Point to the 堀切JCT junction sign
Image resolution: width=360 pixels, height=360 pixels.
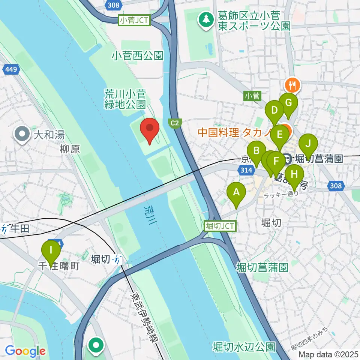(x=220, y=226)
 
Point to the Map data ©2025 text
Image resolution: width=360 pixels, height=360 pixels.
(x=328, y=354)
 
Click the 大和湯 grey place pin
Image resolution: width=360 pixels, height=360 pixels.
(x=22, y=133)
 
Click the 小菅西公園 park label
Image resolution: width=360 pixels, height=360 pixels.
(x=138, y=56)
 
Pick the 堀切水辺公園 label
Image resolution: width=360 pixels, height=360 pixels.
(x=244, y=346)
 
